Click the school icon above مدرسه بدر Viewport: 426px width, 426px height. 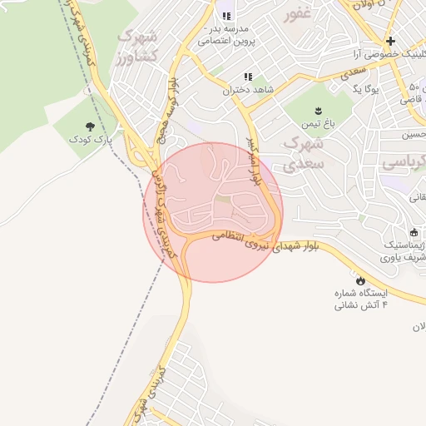tap(225, 17)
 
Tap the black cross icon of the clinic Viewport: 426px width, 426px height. tap(389, 42)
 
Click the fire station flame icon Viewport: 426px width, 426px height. tap(359, 280)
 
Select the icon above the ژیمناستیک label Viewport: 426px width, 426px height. tap(414, 231)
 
